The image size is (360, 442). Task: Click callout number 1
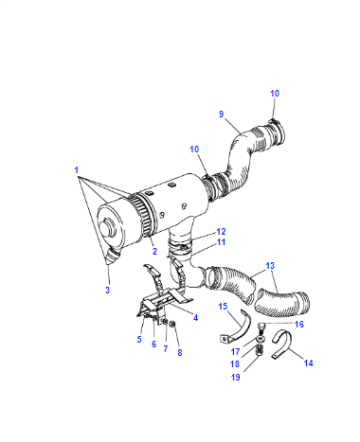coord(77,170)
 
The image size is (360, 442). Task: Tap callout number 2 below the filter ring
coord(155,251)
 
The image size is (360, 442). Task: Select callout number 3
coord(107,290)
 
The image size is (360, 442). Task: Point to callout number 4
coord(196,318)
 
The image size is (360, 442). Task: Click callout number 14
coord(308,363)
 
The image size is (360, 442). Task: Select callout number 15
coord(223,306)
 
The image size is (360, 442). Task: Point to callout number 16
coord(299,324)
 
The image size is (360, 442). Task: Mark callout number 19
coord(236,377)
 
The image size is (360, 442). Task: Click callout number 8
coord(180,352)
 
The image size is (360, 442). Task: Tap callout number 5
coord(139,339)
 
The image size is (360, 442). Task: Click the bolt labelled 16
coord(261,327)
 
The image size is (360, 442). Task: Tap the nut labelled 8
coord(172,324)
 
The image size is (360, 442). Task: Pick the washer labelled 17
coord(260,339)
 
